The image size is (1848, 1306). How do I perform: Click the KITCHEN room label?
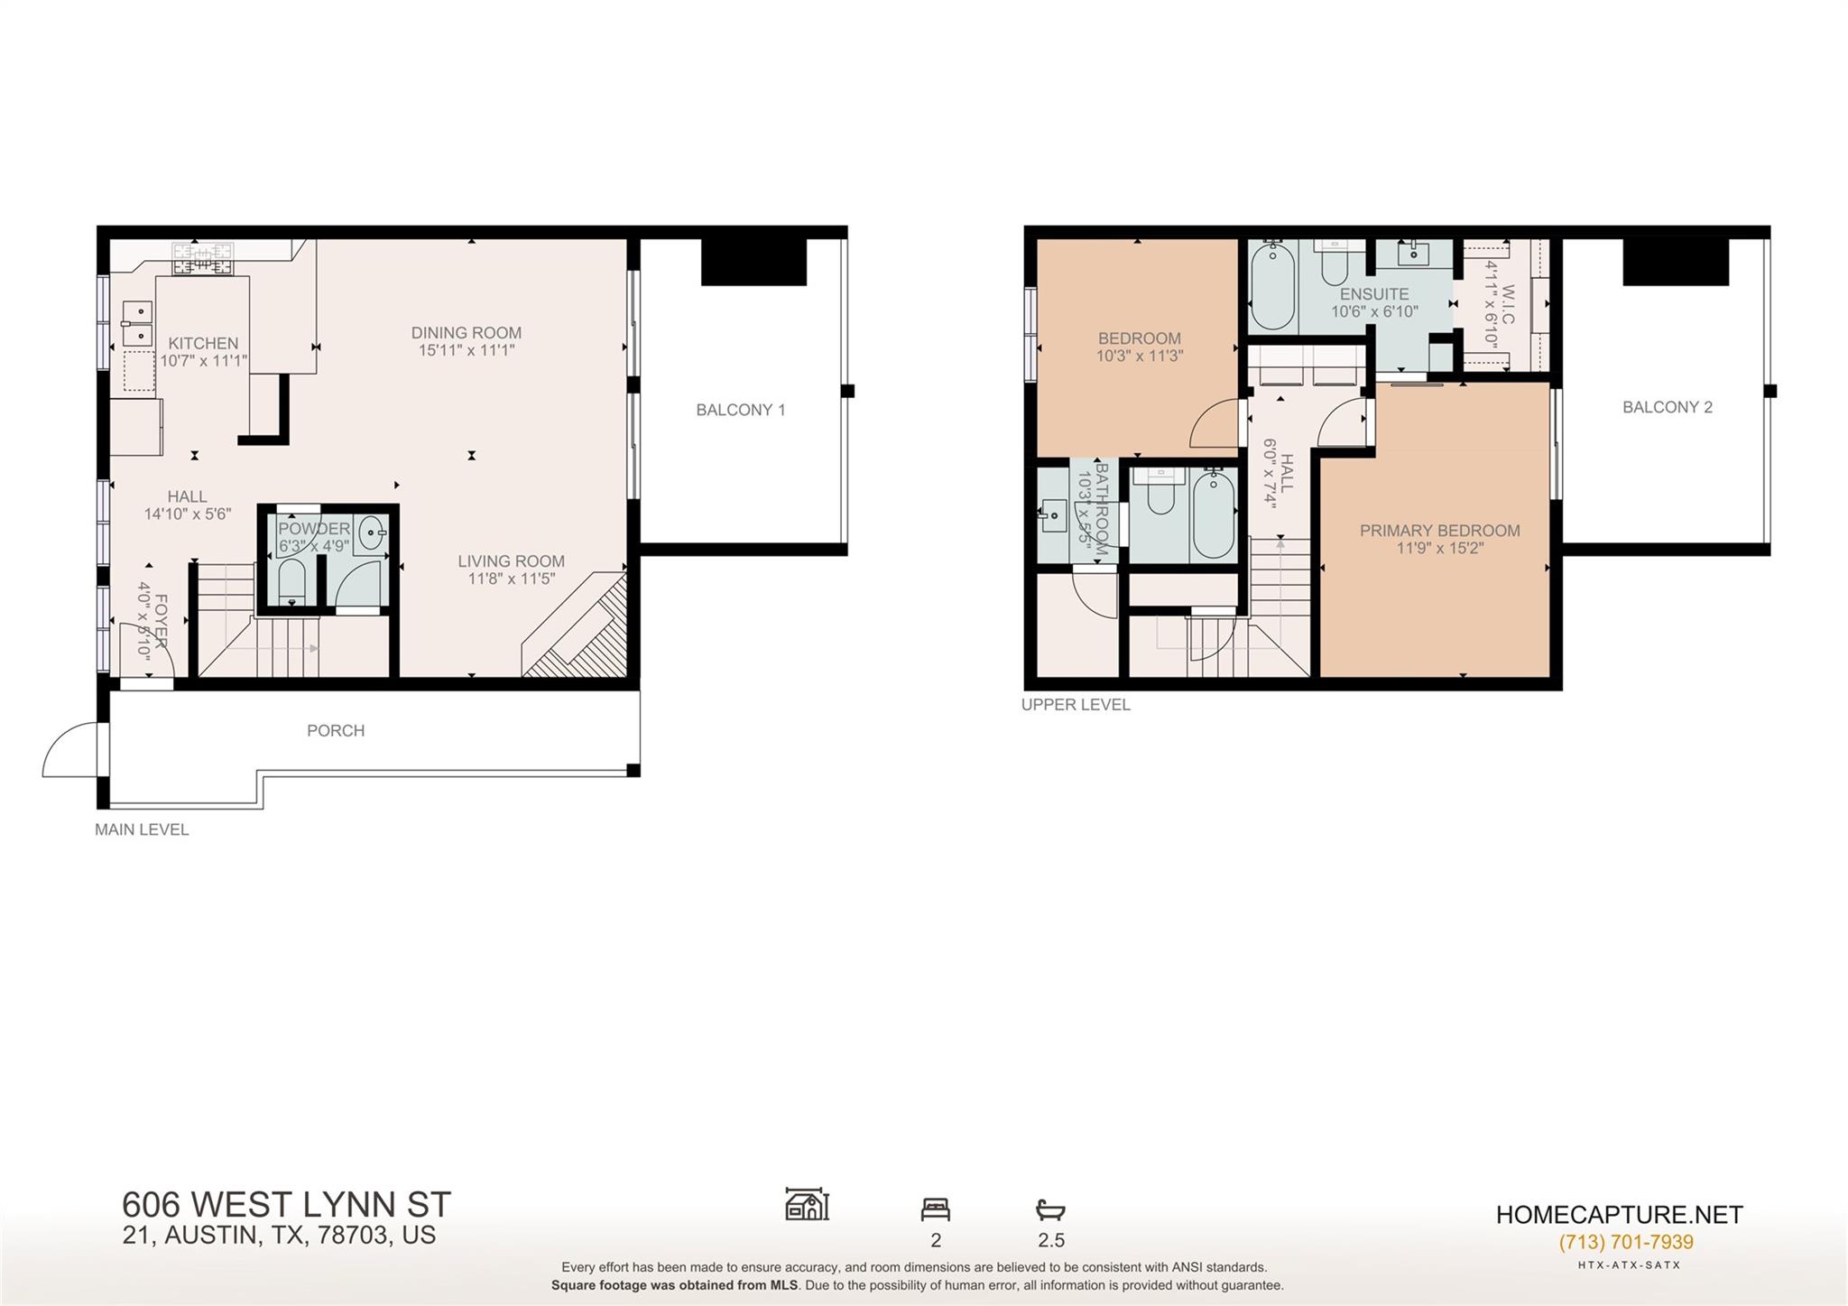pyautogui.click(x=203, y=343)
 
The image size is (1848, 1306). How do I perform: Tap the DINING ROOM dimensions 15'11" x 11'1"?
pyautogui.click(x=466, y=350)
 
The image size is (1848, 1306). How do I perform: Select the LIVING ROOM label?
pyautogui.click(x=511, y=561)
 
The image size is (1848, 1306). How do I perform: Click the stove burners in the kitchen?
pyautogui.click(x=203, y=258)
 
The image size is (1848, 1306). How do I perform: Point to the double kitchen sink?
pyautogui.click(x=138, y=324)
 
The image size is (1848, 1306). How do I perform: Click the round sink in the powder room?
pyautogui.click(x=373, y=534)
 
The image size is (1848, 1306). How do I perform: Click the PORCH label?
pyautogui.click(x=336, y=730)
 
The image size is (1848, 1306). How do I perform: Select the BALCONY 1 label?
pyautogui.click(x=740, y=410)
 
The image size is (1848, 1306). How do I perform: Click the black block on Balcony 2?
pyautogui.click(x=1676, y=262)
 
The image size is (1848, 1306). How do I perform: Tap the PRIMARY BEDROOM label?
pyautogui.click(x=1439, y=531)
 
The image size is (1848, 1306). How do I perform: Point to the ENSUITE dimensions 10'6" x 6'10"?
pyautogui.click(x=1374, y=311)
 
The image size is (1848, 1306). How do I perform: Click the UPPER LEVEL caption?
pyautogui.click(x=1075, y=705)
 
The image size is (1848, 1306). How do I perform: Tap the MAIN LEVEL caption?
pyautogui.click(x=142, y=829)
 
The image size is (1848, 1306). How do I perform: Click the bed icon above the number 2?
pyautogui.click(x=935, y=1209)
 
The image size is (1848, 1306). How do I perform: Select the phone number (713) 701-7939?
pyautogui.click(x=1626, y=1242)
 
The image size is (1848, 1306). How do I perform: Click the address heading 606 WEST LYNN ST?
pyautogui.click(x=286, y=1205)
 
